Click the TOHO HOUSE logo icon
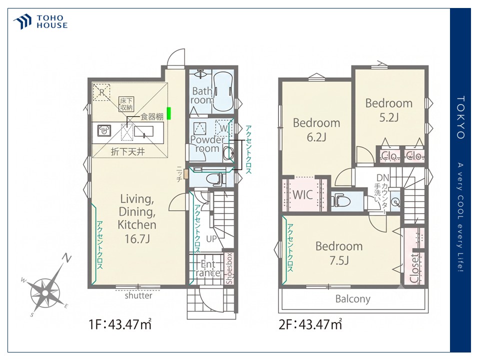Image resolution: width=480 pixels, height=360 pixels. click(22, 21)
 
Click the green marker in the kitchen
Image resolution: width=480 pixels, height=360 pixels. click(168, 113)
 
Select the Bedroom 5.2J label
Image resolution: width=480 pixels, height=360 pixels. click(389, 110)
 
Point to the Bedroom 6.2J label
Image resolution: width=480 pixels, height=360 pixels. click(316, 129)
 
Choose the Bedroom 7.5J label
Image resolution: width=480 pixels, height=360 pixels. click(339, 253)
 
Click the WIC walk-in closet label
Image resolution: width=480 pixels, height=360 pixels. click(303, 194)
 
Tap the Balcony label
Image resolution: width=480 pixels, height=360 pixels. click(352, 298)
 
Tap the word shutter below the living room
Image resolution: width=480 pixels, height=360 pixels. click(138, 295)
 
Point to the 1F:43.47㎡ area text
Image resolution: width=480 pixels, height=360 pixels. click(120, 324)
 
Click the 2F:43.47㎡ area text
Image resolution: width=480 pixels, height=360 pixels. click(310, 324)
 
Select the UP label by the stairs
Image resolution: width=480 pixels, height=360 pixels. click(211, 239)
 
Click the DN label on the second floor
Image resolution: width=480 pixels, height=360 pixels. click(382, 177)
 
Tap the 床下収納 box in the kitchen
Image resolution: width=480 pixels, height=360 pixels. click(126, 104)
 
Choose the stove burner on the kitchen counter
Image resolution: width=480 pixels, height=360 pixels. click(104, 130)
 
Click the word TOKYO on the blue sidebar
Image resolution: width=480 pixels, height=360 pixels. click(460, 117)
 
